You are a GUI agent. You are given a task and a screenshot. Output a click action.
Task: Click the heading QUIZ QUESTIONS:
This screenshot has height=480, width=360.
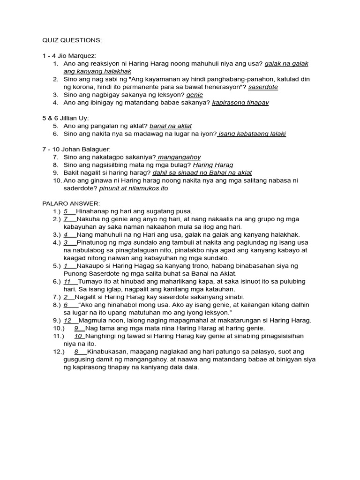click(x=72, y=41)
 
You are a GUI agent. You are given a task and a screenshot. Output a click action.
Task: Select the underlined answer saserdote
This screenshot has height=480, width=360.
click(x=264, y=87)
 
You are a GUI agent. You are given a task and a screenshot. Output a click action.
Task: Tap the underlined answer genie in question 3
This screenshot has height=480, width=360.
click(x=195, y=95)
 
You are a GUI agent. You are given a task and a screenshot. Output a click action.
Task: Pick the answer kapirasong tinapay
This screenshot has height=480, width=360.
click(x=240, y=103)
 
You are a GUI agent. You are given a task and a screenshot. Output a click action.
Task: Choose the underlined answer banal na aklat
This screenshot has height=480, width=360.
click(x=171, y=126)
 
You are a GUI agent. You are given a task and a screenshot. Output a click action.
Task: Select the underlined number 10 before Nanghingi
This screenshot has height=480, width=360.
click(x=78, y=336)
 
